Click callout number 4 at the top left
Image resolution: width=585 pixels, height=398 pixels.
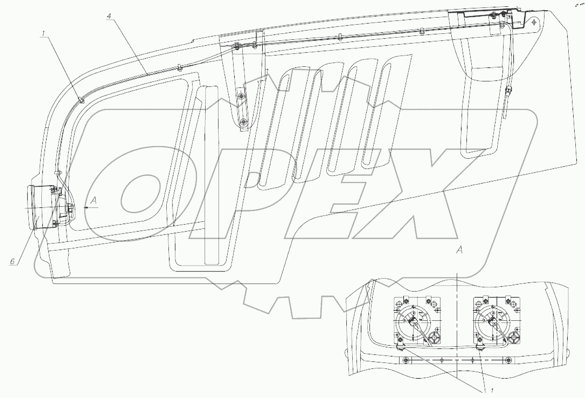point(109,16)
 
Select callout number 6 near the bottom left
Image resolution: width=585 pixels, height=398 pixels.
point(12,261)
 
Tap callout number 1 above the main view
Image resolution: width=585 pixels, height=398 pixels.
point(43,33)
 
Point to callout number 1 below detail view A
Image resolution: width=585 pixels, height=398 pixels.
point(492,391)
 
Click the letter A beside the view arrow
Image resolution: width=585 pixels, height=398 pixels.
point(94,200)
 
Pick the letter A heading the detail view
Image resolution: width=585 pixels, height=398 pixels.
point(459,250)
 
